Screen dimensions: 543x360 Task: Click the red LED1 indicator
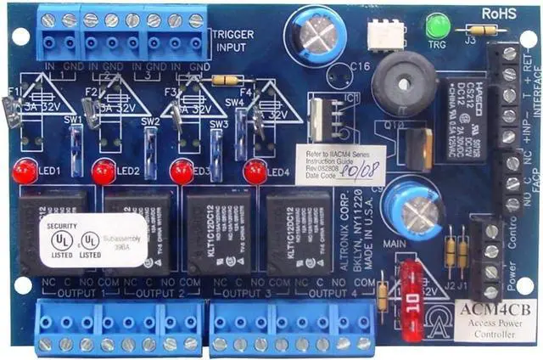[25, 173]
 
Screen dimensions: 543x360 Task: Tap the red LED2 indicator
[104, 173]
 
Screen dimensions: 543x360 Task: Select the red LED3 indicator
[181, 172]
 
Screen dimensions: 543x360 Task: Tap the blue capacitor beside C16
[320, 36]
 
